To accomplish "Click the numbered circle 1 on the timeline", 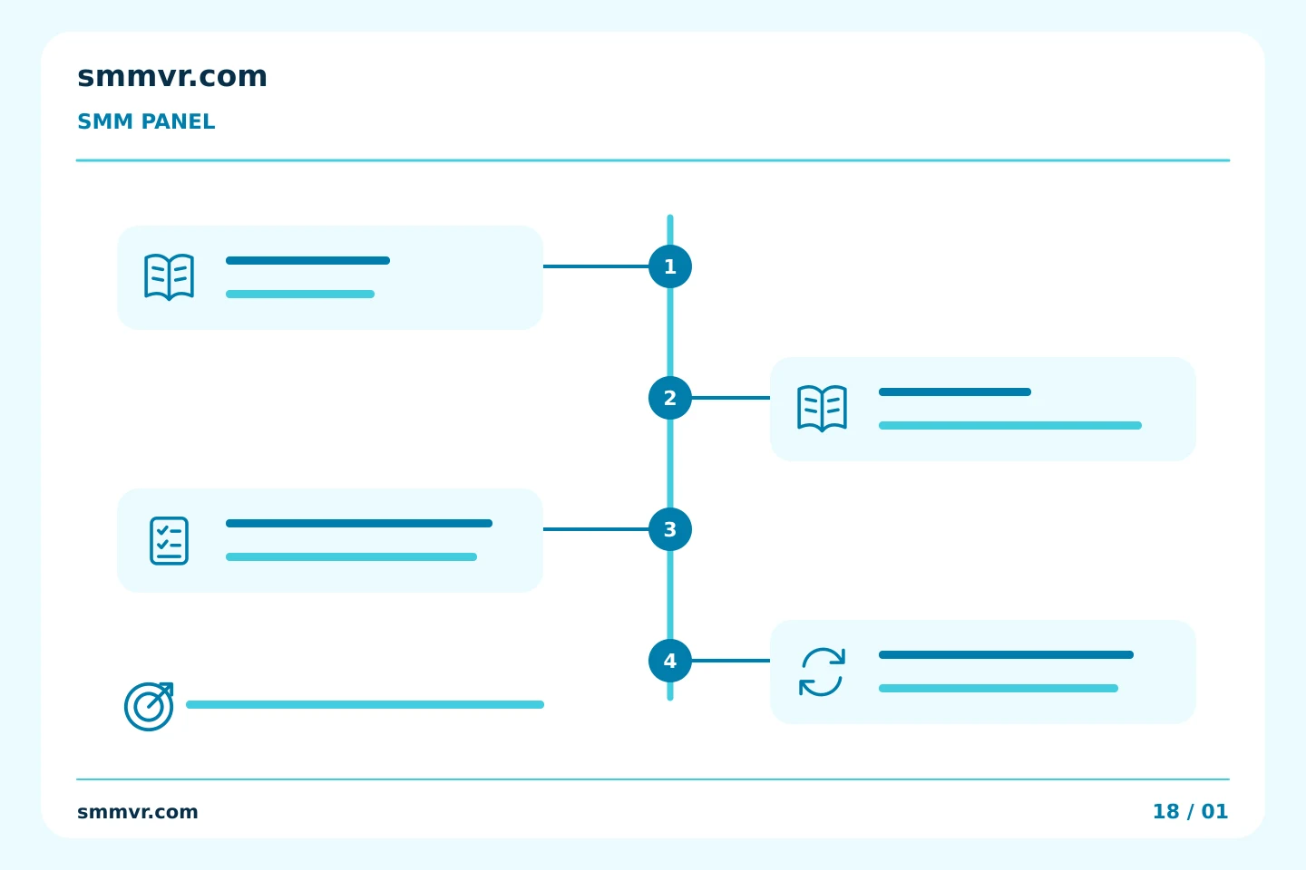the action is (670, 266).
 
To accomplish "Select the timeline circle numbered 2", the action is (670, 398).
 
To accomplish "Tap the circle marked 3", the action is (670, 529).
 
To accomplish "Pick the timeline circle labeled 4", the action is (670, 661).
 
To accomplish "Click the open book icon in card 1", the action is (169, 276).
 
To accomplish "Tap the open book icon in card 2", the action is (822, 408).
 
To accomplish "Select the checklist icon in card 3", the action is (169, 541).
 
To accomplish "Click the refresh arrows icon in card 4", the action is (822, 672).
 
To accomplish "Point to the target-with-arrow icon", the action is (149, 706).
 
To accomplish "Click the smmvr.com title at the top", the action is (172, 76).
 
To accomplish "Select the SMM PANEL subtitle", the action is (146, 121).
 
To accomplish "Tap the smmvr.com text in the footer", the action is (138, 812).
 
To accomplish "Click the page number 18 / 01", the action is (1191, 811).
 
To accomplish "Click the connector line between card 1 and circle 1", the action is (596, 266).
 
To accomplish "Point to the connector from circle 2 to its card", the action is (731, 398).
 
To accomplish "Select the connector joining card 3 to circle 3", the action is (596, 529).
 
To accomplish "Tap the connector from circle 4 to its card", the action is (731, 661).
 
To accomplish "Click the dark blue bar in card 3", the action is (359, 523).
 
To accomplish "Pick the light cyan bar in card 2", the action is (1010, 425).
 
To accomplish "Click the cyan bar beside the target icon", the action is (365, 704).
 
